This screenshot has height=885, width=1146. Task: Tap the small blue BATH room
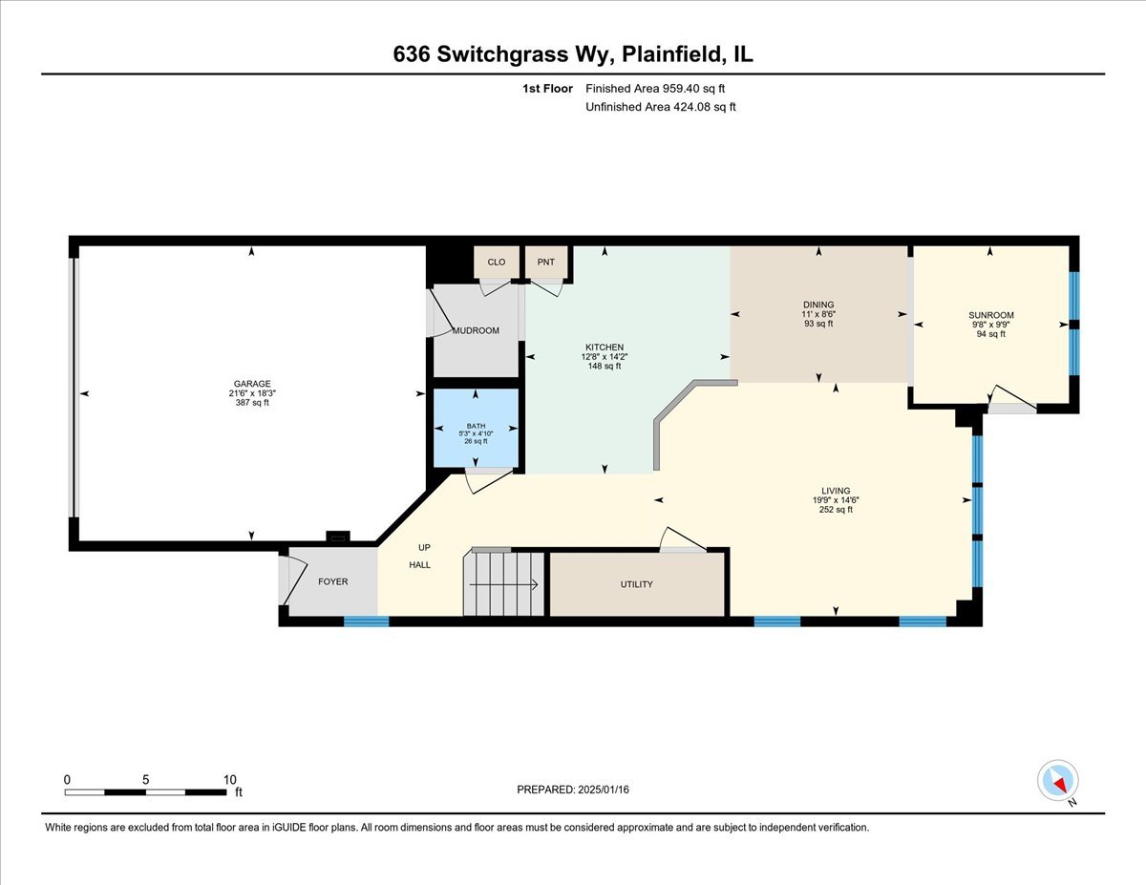point(477,429)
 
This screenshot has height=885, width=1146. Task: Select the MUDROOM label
point(476,330)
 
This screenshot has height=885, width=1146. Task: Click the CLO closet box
point(497,262)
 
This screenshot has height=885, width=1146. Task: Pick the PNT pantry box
point(546,262)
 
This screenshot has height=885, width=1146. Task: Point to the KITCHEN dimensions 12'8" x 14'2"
point(604,356)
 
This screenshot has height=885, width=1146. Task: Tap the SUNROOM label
point(990,315)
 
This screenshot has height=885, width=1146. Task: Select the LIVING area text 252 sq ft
point(836,510)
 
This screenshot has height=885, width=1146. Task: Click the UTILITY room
point(636,583)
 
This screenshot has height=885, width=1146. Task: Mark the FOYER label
point(333,581)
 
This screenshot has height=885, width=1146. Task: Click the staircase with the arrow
point(504,583)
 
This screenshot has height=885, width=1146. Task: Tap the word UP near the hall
point(424,548)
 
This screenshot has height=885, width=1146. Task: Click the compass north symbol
point(1058,781)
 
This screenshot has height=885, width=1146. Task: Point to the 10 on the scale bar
point(229,779)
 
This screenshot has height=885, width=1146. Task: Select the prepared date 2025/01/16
point(573,790)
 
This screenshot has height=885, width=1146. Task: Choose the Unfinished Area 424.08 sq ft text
point(660,107)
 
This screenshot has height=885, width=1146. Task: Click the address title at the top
point(573,54)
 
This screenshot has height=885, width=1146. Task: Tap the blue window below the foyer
point(367,622)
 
